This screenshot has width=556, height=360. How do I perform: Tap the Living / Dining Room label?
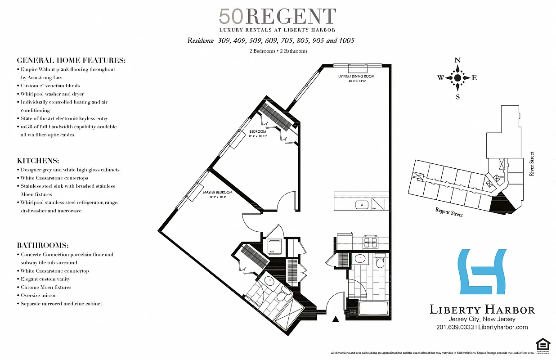tap(356, 76)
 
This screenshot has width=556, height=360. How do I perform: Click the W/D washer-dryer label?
tap(271, 252)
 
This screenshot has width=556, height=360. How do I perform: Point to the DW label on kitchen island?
tap(374, 209)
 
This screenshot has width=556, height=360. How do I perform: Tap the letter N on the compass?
tap(457, 60)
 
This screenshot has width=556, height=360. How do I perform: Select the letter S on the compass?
tap(457, 96)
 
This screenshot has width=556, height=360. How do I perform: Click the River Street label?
tap(532, 163)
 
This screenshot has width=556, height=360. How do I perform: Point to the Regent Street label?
tap(448, 212)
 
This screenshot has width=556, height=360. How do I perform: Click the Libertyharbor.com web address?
tap(503, 327)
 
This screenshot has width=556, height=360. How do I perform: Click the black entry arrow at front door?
tap(335, 319)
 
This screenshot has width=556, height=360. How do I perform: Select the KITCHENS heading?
tap(38, 161)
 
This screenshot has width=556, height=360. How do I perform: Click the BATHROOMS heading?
tap(43, 246)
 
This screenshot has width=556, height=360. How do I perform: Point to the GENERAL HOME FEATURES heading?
tap(71, 60)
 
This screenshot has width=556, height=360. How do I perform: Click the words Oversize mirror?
tap(38, 295)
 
